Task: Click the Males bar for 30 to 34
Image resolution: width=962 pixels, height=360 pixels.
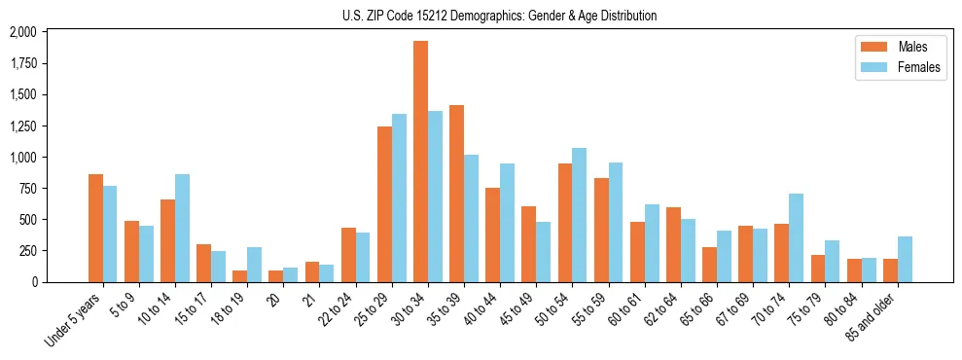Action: tap(420, 162)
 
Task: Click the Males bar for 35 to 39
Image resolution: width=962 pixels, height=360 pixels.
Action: tap(456, 194)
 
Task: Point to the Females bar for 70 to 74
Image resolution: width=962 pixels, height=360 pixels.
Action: tap(796, 237)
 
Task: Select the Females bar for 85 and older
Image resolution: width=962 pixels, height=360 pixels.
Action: tap(905, 259)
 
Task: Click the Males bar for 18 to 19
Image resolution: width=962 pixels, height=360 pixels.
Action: tap(239, 275)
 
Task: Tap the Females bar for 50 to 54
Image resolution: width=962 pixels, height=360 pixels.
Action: tap(580, 214)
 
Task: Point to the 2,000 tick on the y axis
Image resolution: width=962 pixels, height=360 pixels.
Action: tap(22, 32)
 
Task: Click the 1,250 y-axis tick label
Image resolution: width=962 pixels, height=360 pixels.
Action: tap(22, 126)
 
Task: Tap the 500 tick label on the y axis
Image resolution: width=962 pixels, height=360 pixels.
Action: tap(29, 220)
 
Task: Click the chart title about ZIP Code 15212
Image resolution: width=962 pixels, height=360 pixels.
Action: tap(499, 16)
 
